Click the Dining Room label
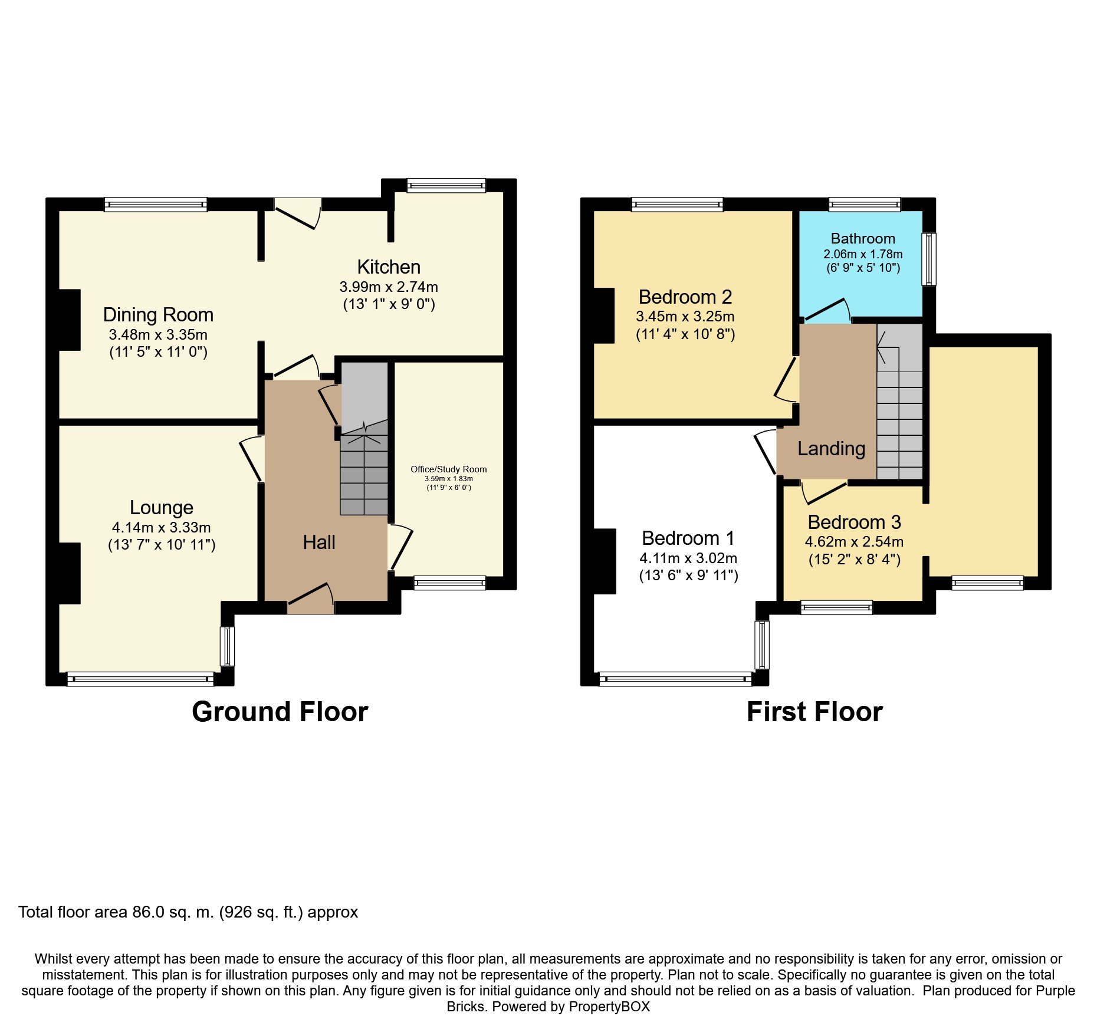[158, 315]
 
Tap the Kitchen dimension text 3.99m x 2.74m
[389, 287]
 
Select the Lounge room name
[162, 508]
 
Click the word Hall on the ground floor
[319, 543]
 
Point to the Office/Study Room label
[449, 469]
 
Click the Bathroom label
[863, 239]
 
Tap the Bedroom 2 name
[685, 297]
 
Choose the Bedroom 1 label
[688, 538]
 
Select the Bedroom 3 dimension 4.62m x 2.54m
[854, 542]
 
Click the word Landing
[831, 449]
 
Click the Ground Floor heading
[280, 712]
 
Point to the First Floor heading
[814, 712]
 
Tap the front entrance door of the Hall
[311, 599]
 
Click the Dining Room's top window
[156, 205]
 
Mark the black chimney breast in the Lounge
[70, 573]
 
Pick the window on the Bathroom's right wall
[929, 259]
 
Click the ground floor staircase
[364, 439]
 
